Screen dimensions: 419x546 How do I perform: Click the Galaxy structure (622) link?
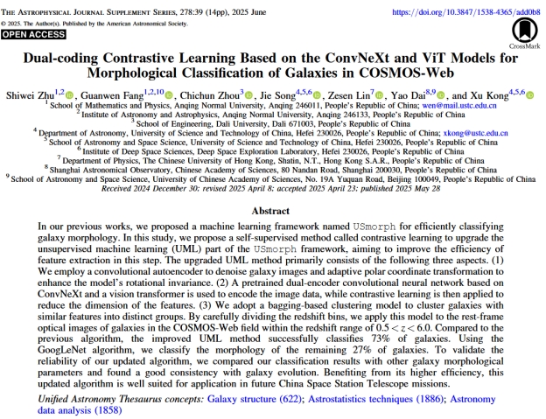[255, 398]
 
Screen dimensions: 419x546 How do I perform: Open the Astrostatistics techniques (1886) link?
[364, 398]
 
